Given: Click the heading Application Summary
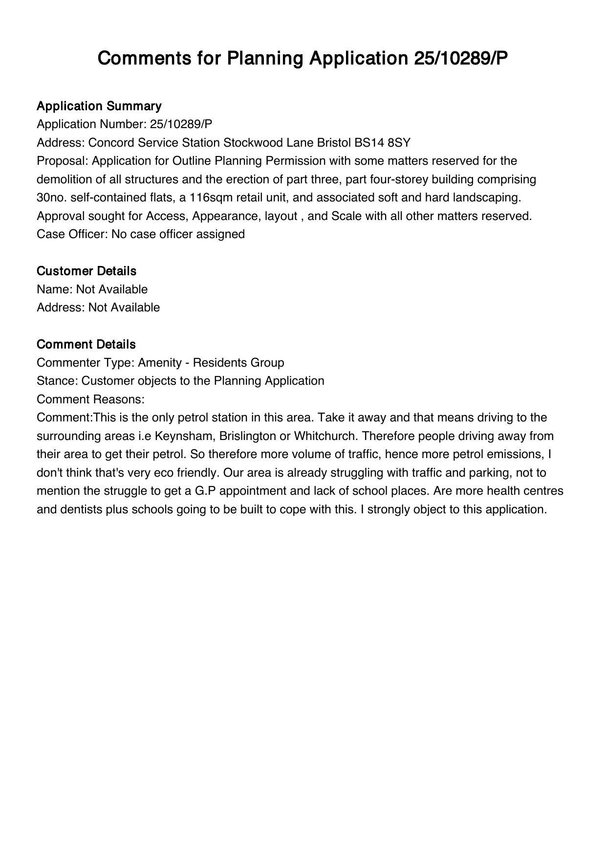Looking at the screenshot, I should pos(99,106).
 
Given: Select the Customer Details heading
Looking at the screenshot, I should pos(87,271).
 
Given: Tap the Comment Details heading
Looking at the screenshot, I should pos(86,344).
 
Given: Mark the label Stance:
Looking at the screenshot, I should pos(57,381).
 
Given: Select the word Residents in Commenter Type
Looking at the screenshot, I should pos(220,363).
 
